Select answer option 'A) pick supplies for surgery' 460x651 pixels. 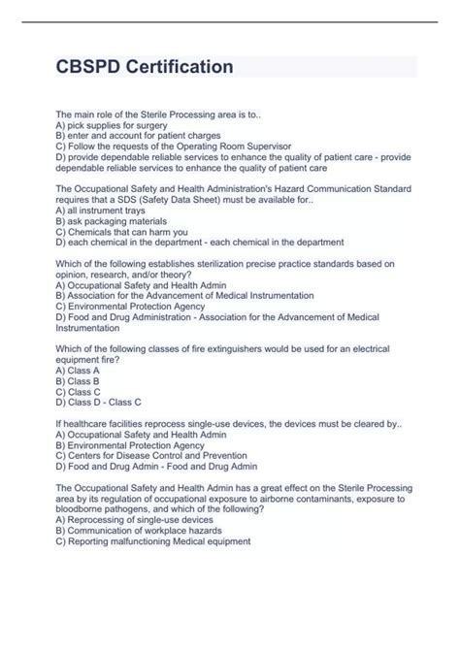(112, 125)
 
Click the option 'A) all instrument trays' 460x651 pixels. (102, 209)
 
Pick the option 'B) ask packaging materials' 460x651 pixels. (112, 220)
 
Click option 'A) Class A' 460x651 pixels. (78, 370)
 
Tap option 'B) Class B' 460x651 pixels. (78, 380)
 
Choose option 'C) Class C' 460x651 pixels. (78, 391)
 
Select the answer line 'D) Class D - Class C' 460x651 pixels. (99, 402)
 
